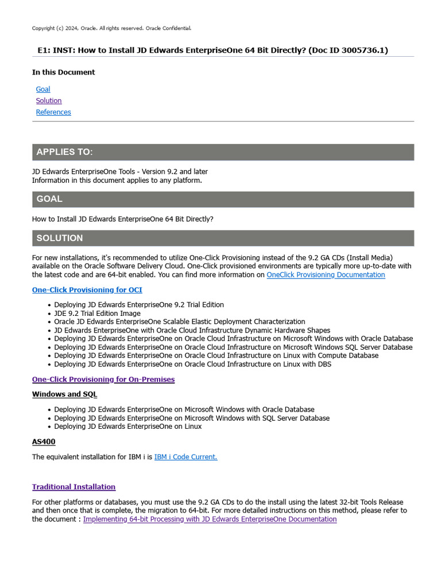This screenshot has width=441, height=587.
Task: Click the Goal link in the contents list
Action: coord(43,89)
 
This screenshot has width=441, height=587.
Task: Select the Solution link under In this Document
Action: coord(49,101)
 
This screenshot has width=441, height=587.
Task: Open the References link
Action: coord(53,112)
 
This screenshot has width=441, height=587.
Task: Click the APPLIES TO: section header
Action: coord(64,152)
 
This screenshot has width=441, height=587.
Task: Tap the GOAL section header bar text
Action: coord(49,199)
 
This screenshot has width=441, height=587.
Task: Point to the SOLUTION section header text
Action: coord(60,238)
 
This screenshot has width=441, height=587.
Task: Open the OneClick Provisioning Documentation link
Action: coord(326,275)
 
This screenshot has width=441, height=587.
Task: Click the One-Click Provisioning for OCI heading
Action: coord(87,290)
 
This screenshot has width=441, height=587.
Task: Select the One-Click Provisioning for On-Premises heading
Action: coord(103,379)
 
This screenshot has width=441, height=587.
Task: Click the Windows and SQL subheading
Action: coord(64,394)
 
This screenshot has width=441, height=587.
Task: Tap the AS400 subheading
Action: coord(44,442)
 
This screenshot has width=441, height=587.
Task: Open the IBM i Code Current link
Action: coord(185,457)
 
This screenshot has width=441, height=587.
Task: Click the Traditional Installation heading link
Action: coord(73,487)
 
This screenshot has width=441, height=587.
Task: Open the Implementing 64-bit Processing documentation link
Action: coord(210,519)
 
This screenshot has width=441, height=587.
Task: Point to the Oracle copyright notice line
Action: coord(111,28)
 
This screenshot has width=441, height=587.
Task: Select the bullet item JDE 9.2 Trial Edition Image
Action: coord(97,314)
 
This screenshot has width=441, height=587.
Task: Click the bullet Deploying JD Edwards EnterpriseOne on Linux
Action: coord(127,426)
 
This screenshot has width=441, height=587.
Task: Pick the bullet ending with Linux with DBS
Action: coord(192,364)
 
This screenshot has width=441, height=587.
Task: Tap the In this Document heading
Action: coord(63,72)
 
